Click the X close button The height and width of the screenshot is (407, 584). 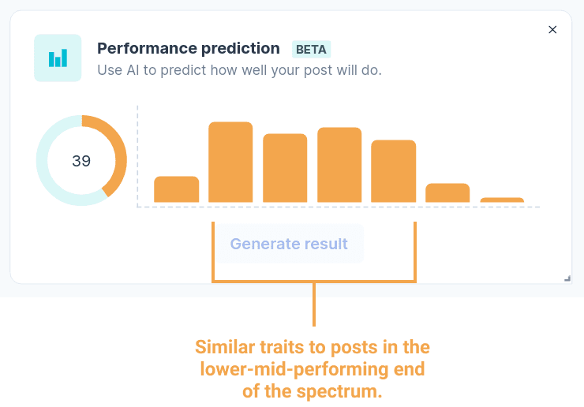[552, 30]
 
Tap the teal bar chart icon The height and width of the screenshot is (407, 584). [58, 58]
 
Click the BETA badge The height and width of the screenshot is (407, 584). [311, 49]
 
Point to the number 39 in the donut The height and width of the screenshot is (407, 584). [81, 161]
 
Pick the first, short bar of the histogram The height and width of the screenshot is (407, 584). [176, 189]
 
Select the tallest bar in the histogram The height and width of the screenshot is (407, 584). [230, 162]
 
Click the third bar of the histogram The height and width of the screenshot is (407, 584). [285, 168]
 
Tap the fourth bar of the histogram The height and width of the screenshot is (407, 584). [339, 165]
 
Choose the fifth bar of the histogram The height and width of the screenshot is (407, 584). [393, 171]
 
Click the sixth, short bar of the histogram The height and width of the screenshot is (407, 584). [447, 193]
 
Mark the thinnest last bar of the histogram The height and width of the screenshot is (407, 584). [502, 200]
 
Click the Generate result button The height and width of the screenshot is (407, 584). [290, 244]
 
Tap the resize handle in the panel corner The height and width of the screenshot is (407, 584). [567, 278]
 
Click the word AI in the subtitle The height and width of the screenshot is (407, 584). [133, 70]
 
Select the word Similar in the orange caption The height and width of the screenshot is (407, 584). [226, 347]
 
